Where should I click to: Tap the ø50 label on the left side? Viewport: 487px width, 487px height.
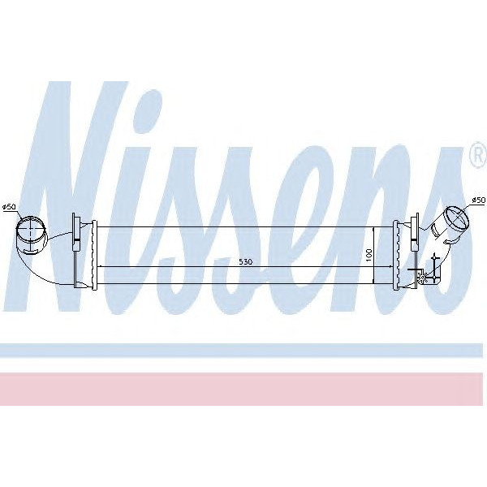pos(10,207)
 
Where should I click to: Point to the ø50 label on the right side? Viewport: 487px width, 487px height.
pos(478,200)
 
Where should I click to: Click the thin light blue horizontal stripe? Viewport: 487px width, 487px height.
pos(243,351)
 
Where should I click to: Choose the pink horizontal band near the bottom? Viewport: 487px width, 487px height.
pos(243,389)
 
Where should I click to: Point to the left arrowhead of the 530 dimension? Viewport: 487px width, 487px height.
pos(101,268)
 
